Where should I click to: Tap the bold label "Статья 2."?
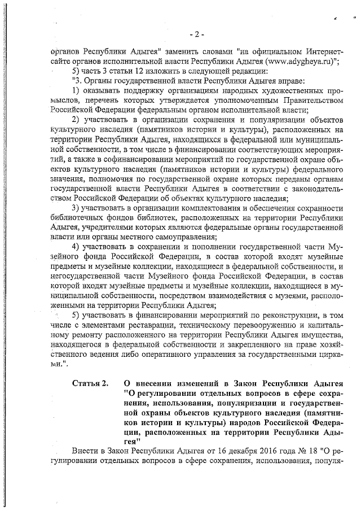(90, 385)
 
